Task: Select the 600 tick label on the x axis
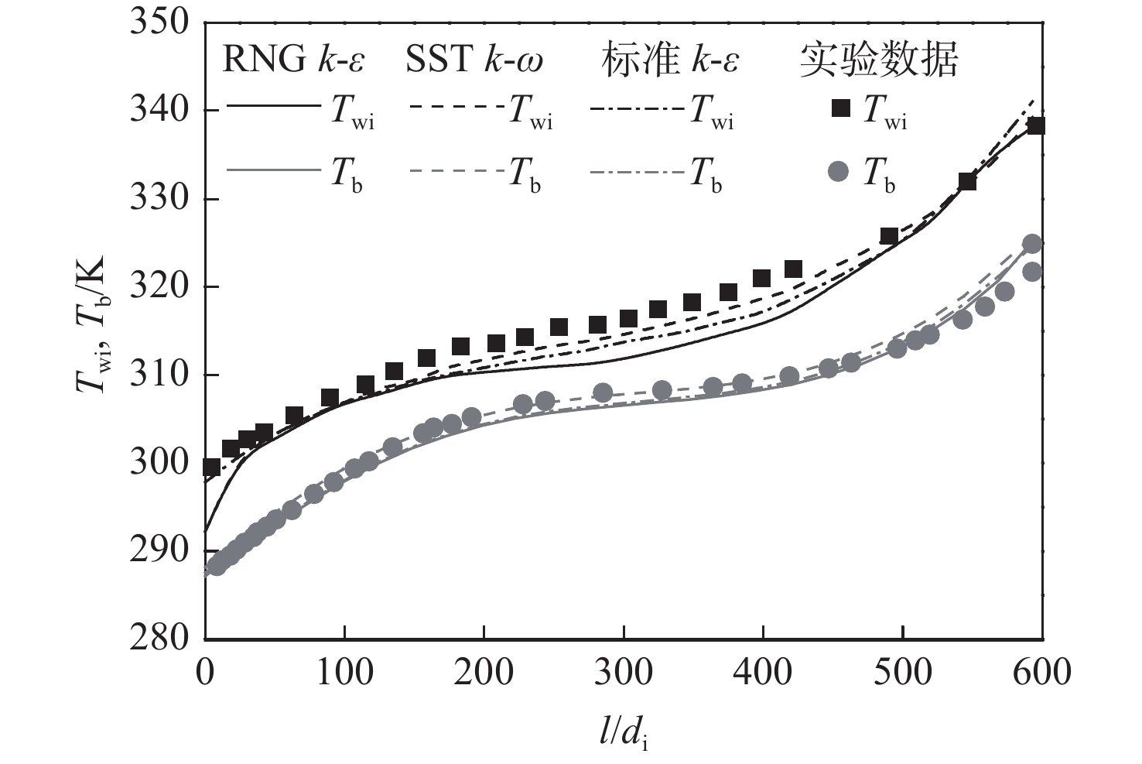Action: [1041, 671]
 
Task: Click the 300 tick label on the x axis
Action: [624, 671]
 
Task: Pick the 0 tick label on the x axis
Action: [206, 671]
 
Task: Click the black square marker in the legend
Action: [840, 108]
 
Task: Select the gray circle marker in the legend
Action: [839, 171]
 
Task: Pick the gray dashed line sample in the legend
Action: [454, 171]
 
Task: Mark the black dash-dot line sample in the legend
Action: [636, 108]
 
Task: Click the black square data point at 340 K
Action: [1036, 125]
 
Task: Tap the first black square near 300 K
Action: [210, 467]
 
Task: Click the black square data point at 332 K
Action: [967, 182]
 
